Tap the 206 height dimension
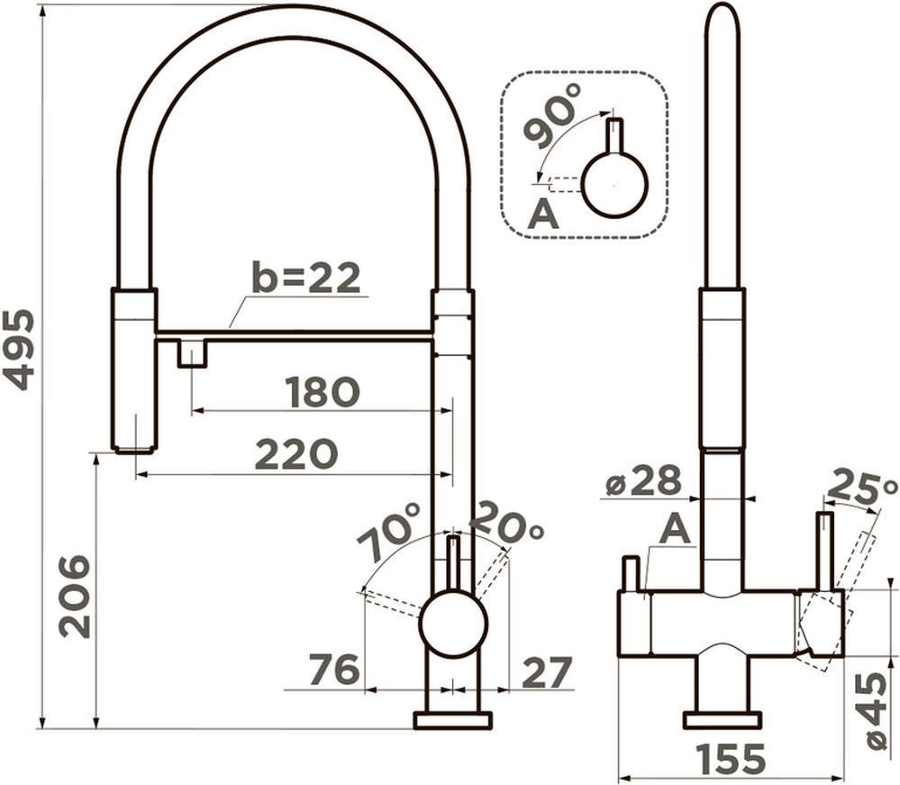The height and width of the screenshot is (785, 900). coord(75,597)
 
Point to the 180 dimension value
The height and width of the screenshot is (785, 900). coord(323,392)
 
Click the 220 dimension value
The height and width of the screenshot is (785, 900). coord(296,453)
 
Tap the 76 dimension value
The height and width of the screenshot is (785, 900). coord(334,669)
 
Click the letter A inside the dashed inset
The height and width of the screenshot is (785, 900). coord(543,215)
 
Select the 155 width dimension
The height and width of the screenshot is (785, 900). coord(731,759)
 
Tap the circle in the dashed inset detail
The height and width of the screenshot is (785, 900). coord(614,186)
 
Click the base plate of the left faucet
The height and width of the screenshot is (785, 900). coord(453,720)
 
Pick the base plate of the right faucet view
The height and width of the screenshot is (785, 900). coord(722,720)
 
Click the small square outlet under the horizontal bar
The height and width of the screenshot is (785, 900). coord(192,353)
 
